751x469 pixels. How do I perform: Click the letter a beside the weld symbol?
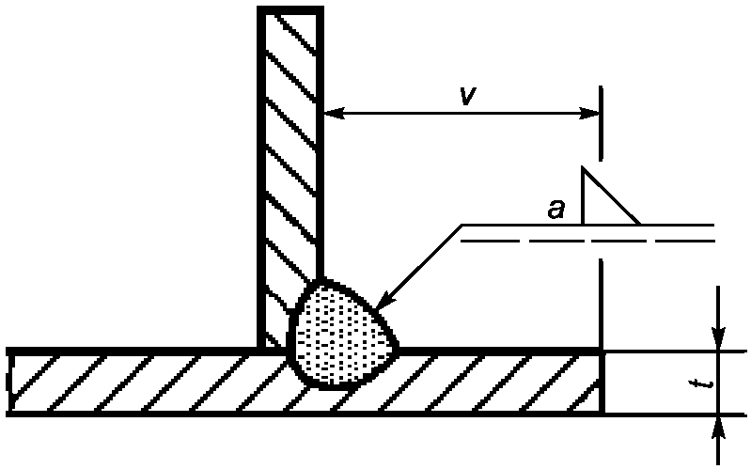[556, 210]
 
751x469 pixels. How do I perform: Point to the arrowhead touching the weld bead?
[384, 303]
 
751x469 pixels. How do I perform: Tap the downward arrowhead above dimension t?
[719, 337]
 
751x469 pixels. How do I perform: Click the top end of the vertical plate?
[290, 10]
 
